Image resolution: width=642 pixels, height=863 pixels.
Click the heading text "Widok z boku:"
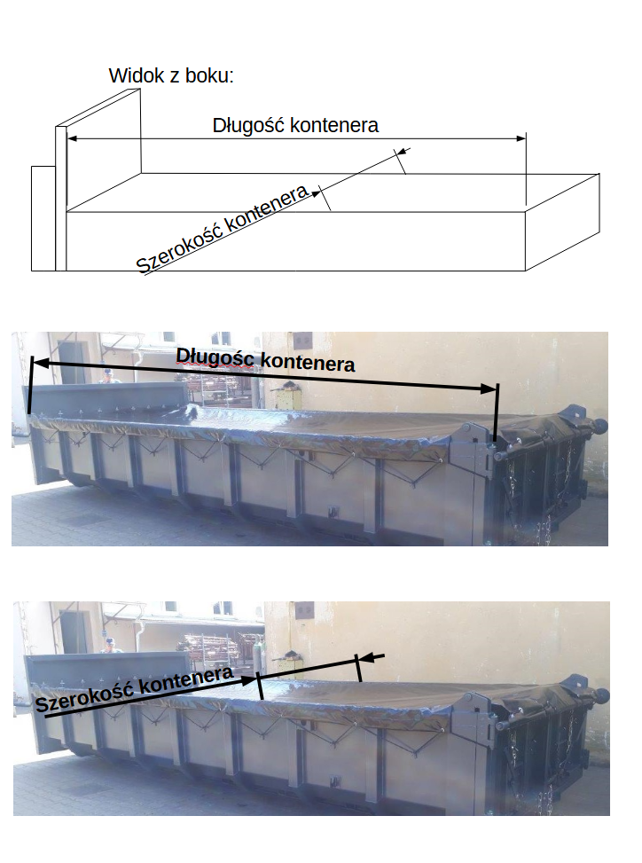point(171,75)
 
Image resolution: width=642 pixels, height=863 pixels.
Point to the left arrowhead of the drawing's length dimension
point(74,138)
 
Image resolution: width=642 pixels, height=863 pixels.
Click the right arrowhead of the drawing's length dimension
point(521,138)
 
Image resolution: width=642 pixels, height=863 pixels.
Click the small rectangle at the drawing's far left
point(43,217)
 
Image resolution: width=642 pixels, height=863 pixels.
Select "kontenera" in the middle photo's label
point(309,363)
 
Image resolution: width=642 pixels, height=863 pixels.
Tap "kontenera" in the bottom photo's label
point(185,679)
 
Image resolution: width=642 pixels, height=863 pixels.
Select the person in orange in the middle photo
point(107,377)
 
